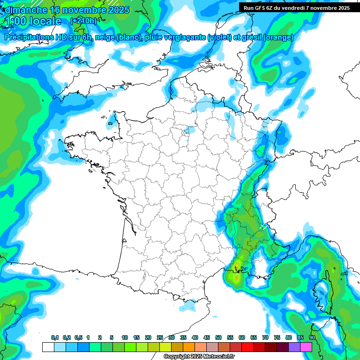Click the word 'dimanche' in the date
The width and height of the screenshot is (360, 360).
tap(23, 10)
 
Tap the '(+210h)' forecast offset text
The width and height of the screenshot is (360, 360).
tap(83, 21)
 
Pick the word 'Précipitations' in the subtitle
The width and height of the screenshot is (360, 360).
tap(29, 37)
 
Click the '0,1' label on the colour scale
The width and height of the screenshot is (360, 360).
tap(55, 338)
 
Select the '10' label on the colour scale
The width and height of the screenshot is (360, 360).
tap(125, 338)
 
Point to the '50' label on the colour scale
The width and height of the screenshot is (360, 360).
tap(218, 338)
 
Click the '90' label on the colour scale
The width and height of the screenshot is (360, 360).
tap(312, 338)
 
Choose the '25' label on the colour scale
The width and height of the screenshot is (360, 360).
tap(160, 338)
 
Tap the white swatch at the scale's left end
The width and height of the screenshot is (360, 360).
tap(48, 347)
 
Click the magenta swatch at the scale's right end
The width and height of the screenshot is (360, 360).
tap(306, 347)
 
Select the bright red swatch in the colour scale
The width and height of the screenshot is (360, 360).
tap(247, 347)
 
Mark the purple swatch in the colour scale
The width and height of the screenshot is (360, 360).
tap(294, 347)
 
